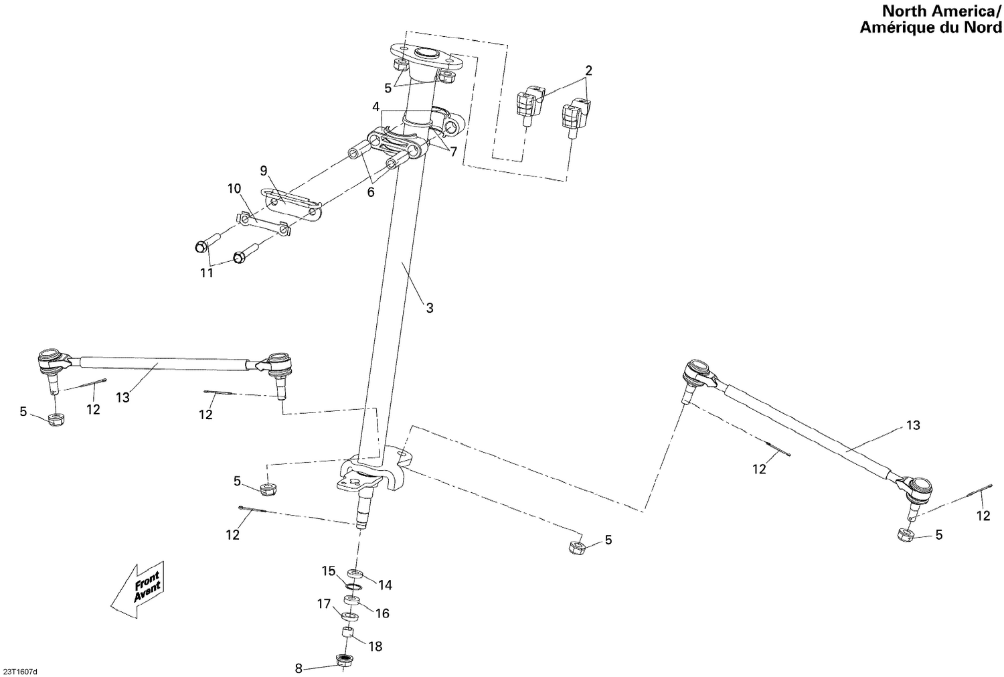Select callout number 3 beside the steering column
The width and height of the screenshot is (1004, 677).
[430, 308]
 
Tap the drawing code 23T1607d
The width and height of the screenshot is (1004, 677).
[21, 670]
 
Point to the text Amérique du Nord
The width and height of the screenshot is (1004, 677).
[930, 27]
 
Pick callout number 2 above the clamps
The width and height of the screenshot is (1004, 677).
[588, 70]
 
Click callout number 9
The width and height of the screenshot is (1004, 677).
[264, 170]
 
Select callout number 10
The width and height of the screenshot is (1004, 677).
[234, 189]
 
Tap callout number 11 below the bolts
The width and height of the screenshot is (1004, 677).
[207, 273]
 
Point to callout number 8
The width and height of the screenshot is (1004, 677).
[299, 668]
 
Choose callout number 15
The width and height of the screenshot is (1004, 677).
[328, 571]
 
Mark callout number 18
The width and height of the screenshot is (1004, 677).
[375, 646]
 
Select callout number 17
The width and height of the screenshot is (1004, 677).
[324, 604]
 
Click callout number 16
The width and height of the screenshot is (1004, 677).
[382, 613]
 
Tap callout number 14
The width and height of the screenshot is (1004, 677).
[384, 585]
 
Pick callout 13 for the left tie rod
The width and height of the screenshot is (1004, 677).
[122, 397]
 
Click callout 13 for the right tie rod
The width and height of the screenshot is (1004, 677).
[913, 425]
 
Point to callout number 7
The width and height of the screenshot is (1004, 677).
[453, 152]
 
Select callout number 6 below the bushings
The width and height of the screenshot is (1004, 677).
[371, 192]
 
